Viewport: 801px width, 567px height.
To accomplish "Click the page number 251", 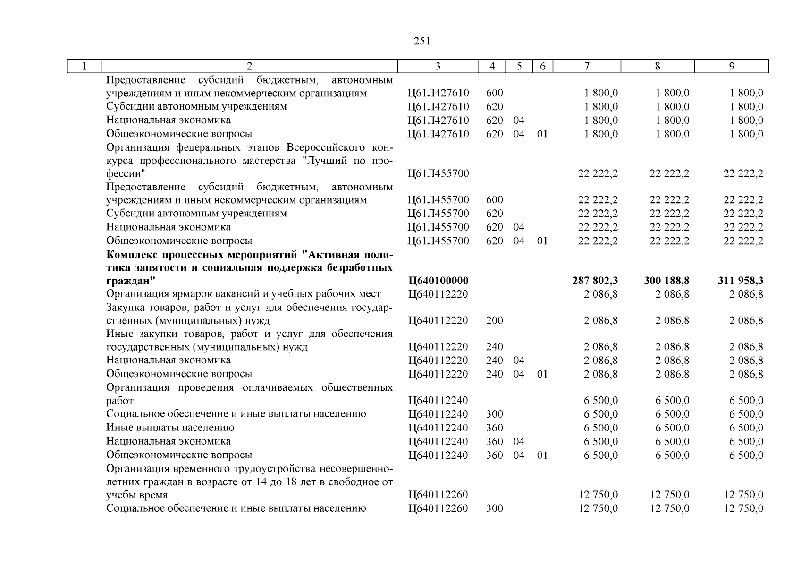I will point(422,41).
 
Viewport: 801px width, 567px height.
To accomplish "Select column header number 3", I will point(438,66).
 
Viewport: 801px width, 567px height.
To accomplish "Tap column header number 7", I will point(586,66).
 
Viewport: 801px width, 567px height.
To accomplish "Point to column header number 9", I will point(731,66).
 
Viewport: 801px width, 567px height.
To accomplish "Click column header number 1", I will point(84,66).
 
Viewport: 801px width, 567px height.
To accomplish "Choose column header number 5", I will point(519,66).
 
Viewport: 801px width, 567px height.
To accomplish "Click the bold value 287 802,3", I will point(595,281).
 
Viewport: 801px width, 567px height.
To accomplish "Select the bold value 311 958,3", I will point(740,281).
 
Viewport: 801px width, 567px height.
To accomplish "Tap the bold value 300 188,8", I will point(666,281).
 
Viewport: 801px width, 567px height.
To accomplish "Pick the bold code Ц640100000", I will point(438,281).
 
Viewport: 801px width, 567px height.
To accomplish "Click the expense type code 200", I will point(494,321).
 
